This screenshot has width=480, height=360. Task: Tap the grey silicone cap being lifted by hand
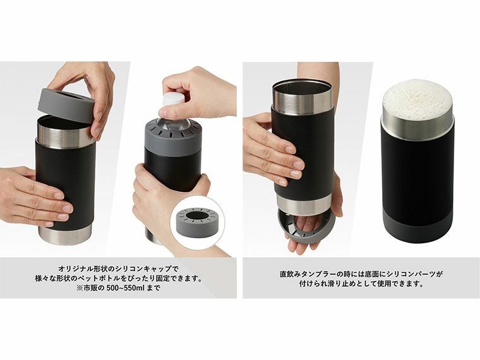click(66, 105)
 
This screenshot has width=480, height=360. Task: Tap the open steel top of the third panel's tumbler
click(303, 88)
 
